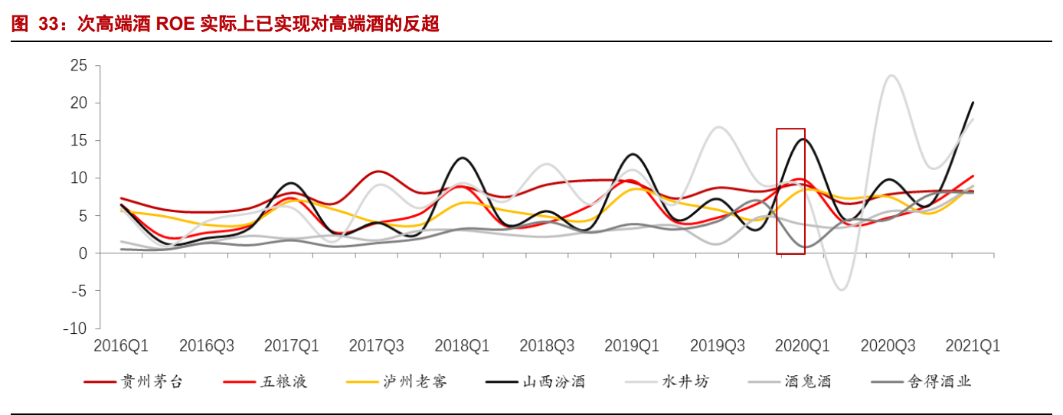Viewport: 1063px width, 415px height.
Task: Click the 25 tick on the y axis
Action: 78,66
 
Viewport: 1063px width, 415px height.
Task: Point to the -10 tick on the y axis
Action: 75,328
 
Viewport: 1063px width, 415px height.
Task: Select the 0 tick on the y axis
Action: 83,253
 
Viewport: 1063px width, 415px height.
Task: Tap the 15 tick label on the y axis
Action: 78,141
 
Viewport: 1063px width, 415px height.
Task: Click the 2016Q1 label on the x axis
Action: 121,346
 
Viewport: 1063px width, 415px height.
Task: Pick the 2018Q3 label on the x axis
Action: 547,346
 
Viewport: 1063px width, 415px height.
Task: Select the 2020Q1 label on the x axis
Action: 803,346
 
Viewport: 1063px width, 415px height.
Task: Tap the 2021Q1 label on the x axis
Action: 973,346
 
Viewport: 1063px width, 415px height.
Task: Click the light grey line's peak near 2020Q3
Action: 890,75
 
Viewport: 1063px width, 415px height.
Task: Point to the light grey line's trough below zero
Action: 842,289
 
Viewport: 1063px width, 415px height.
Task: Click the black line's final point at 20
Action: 973,103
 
